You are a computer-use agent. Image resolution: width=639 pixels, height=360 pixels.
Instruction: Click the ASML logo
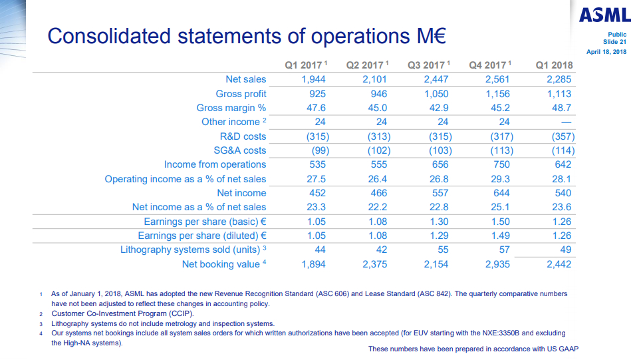point(604,15)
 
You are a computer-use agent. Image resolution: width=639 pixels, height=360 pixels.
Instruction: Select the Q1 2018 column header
point(554,65)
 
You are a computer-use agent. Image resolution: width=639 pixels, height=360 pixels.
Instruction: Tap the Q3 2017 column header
point(428,65)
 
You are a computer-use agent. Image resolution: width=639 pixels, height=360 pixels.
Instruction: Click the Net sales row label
point(246,79)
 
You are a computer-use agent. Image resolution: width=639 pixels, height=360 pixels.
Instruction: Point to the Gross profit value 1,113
point(559,94)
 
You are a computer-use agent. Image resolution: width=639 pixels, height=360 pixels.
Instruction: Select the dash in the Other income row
point(566,122)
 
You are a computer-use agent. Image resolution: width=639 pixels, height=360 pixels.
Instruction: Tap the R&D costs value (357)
point(559,136)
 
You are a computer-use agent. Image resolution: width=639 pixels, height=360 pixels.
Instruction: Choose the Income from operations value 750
point(501,164)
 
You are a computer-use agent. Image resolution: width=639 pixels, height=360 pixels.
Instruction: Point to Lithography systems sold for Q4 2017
point(504,250)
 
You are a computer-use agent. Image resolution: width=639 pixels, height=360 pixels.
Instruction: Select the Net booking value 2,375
point(374,264)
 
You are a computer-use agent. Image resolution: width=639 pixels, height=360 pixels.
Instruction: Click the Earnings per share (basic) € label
point(205,222)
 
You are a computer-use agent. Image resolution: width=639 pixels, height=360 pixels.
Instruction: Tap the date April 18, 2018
point(606,52)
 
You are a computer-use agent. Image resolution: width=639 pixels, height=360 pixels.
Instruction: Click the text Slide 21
point(615,42)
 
